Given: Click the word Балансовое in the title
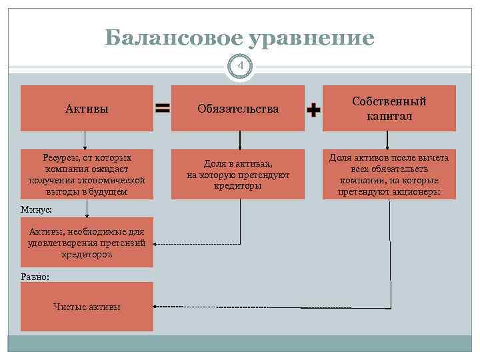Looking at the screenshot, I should (173, 39).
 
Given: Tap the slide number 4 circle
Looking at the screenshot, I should (240, 67).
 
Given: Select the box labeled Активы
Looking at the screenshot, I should (87, 108).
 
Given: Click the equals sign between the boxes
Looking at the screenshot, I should (162, 109).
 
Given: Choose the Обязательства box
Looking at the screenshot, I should (238, 108).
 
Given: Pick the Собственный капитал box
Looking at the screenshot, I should (389, 108).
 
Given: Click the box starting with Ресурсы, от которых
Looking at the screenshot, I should (87, 174).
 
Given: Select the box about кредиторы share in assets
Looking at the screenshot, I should (238, 174).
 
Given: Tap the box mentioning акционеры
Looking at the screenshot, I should (389, 174).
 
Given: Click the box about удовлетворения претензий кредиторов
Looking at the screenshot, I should (87, 242).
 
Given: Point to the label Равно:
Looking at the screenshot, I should (35, 276).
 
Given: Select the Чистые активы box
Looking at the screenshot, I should (87, 307).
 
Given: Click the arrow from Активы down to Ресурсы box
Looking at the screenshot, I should (86, 140).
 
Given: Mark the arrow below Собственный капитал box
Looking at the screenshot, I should (390, 140).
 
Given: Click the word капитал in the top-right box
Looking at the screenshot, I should (389, 116).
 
